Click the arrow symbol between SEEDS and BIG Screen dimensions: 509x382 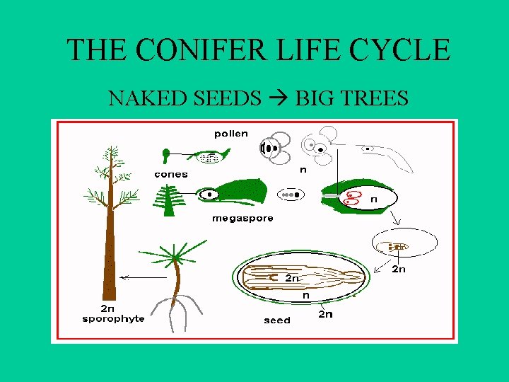278,98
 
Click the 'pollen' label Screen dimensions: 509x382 231,133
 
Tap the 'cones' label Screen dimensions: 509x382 171,174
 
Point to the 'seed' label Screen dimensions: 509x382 276,320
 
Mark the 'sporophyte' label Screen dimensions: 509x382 113,318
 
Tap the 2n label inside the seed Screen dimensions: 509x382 293,278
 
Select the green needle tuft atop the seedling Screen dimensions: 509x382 175,256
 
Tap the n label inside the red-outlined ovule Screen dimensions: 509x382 373,199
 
